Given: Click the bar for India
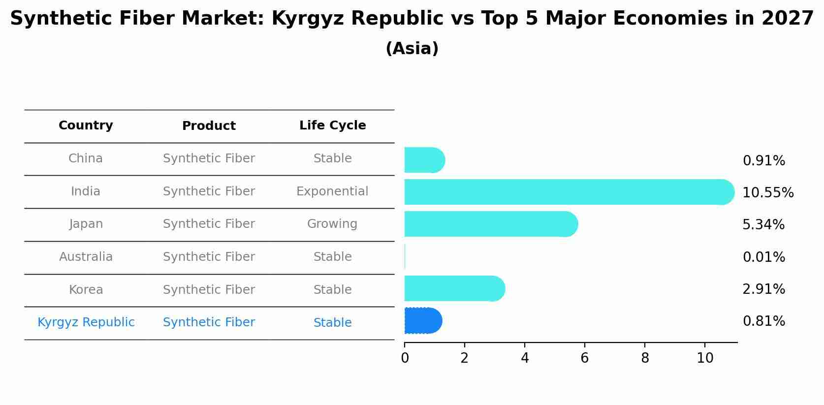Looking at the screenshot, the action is pyautogui.click(x=570, y=192).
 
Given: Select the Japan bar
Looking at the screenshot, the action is pyautogui.click(x=491, y=224).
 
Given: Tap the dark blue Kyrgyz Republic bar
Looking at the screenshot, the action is pyautogui.click(x=423, y=321).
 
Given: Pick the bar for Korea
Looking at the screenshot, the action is pyautogui.click(x=455, y=288).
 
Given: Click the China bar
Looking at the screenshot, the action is pyautogui.click(x=425, y=160).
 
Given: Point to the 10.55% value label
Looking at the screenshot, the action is pyautogui.click(x=768, y=193).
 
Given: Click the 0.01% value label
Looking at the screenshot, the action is pyautogui.click(x=764, y=257).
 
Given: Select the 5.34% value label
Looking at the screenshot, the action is pyautogui.click(x=763, y=225).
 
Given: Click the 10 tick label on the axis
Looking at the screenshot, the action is pyautogui.click(x=705, y=358).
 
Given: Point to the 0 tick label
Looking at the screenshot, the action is pyautogui.click(x=405, y=358).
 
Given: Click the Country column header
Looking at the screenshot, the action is pyautogui.click(x=86, y=125).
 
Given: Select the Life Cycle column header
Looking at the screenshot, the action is pyautogui.click(x=333, y=125).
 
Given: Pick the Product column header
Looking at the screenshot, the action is pyautogui.click(x=209, y=126).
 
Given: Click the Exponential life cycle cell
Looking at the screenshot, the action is pyautogui.click(x=333, y=191).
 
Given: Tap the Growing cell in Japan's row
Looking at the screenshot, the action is pyautogui.click(x=333, y=224).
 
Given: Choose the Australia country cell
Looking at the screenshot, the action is pyautogui.click(x=86, y=257).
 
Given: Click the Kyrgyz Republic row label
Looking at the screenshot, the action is pyautogui.click(x=86, y=323).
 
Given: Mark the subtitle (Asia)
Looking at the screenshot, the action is pyautogui.click(x=412, y=49).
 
